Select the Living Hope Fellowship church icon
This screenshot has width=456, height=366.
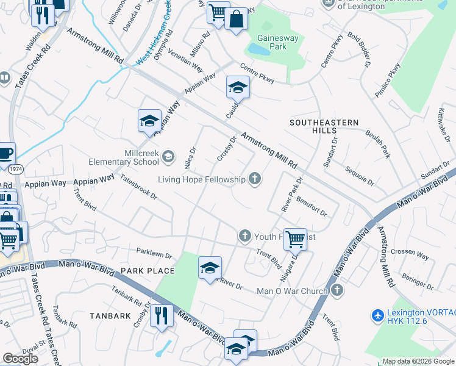point(254,179)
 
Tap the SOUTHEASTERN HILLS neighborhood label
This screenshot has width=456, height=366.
point(324,126)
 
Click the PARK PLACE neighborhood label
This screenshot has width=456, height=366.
point(148,270)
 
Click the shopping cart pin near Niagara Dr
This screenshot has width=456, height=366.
point(295,239)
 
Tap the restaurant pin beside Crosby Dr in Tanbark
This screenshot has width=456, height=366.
point(162,315)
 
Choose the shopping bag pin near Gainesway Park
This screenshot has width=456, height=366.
point(236,20)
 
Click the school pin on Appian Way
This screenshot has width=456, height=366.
point(149,121)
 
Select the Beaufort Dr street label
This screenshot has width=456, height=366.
point(312,205)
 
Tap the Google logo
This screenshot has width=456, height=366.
point(21,359)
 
